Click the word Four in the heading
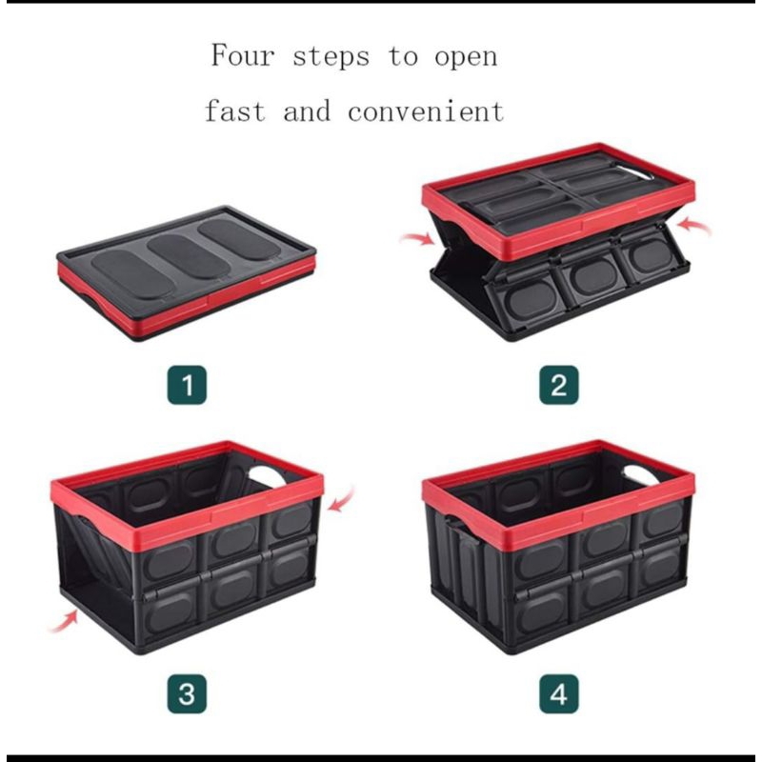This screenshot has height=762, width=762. pyautogui.click(x=243, y=55)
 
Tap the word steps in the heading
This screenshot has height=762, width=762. pyautogui.click(x=331, y=57)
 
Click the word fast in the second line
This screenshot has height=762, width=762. pyautogui.click(x=235, y=110)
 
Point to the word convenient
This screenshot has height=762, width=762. pyautogui.click(x=426, y=110)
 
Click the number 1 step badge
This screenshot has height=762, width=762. pyautogui.click(x=187, y=385)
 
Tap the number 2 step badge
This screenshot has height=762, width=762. pyautogui.click(x=559, y=385)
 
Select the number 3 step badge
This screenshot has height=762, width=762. pyautogui.click(x=187, y=694)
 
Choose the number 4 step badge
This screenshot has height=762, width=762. pyautogui.click(x=559, y=694)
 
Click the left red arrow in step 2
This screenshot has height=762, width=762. pyautogui.click(x=417, y=238)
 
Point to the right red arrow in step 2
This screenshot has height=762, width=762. pyautogui.click(x=694, y=227)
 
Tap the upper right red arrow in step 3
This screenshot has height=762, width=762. pyautogui.click(x=342, y=499)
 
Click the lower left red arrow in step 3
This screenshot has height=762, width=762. pyautogui.click(x=63, y=621)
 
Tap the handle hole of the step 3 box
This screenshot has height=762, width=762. pyautogui.click(x=269, y=476)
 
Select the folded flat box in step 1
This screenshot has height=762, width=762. pyautogui.click(x=187, y=273)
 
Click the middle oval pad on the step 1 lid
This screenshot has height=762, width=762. pyautogui.click(x=187, y=257)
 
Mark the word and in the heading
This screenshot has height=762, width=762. pyautogui.click(x=306, y=110)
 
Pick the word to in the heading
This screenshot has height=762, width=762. pyautogui.click(x=403, y=57)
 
